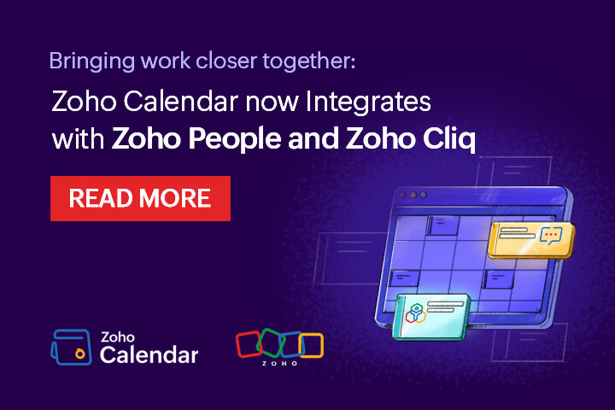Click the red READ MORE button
(140, 198)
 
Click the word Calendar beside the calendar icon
(149, 354)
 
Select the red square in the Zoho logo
(248, 343)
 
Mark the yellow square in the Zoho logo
(311, 344)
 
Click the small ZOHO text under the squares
(280, 362)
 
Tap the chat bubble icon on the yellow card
(552, 236)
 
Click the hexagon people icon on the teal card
(416, 313)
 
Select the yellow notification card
(530, 238)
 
